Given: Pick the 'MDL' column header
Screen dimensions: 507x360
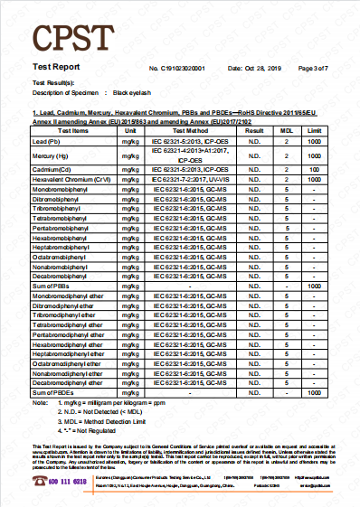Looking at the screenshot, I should coord(286,131).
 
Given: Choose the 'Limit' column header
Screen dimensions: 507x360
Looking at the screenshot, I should coord(314,131).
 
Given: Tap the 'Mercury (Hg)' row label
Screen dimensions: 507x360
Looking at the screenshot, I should coord(50,156).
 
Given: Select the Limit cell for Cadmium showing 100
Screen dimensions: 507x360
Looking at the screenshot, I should coord(314,169).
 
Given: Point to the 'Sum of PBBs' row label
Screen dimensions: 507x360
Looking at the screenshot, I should coord(52,286).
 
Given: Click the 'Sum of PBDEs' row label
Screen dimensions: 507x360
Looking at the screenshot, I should coord(53,393).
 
